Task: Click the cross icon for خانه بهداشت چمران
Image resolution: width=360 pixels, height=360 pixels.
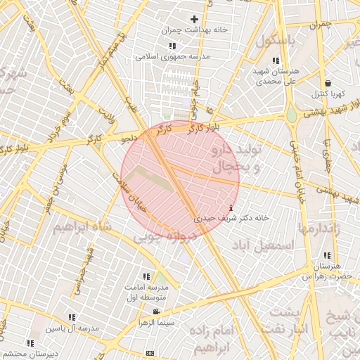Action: tap(195, 19)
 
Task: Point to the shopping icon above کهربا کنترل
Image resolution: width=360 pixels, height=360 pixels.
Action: tap(328, 83)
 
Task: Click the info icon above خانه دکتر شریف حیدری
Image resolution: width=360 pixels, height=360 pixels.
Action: tap(232, 207)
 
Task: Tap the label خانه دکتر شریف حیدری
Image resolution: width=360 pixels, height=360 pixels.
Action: tap(232, 219)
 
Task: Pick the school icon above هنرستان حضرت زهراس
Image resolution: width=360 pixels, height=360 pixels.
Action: tap(327, 255)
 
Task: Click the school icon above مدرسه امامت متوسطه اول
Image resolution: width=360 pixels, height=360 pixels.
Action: tap(146, 276)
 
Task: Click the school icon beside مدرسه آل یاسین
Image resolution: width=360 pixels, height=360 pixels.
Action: tap(72, 317)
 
